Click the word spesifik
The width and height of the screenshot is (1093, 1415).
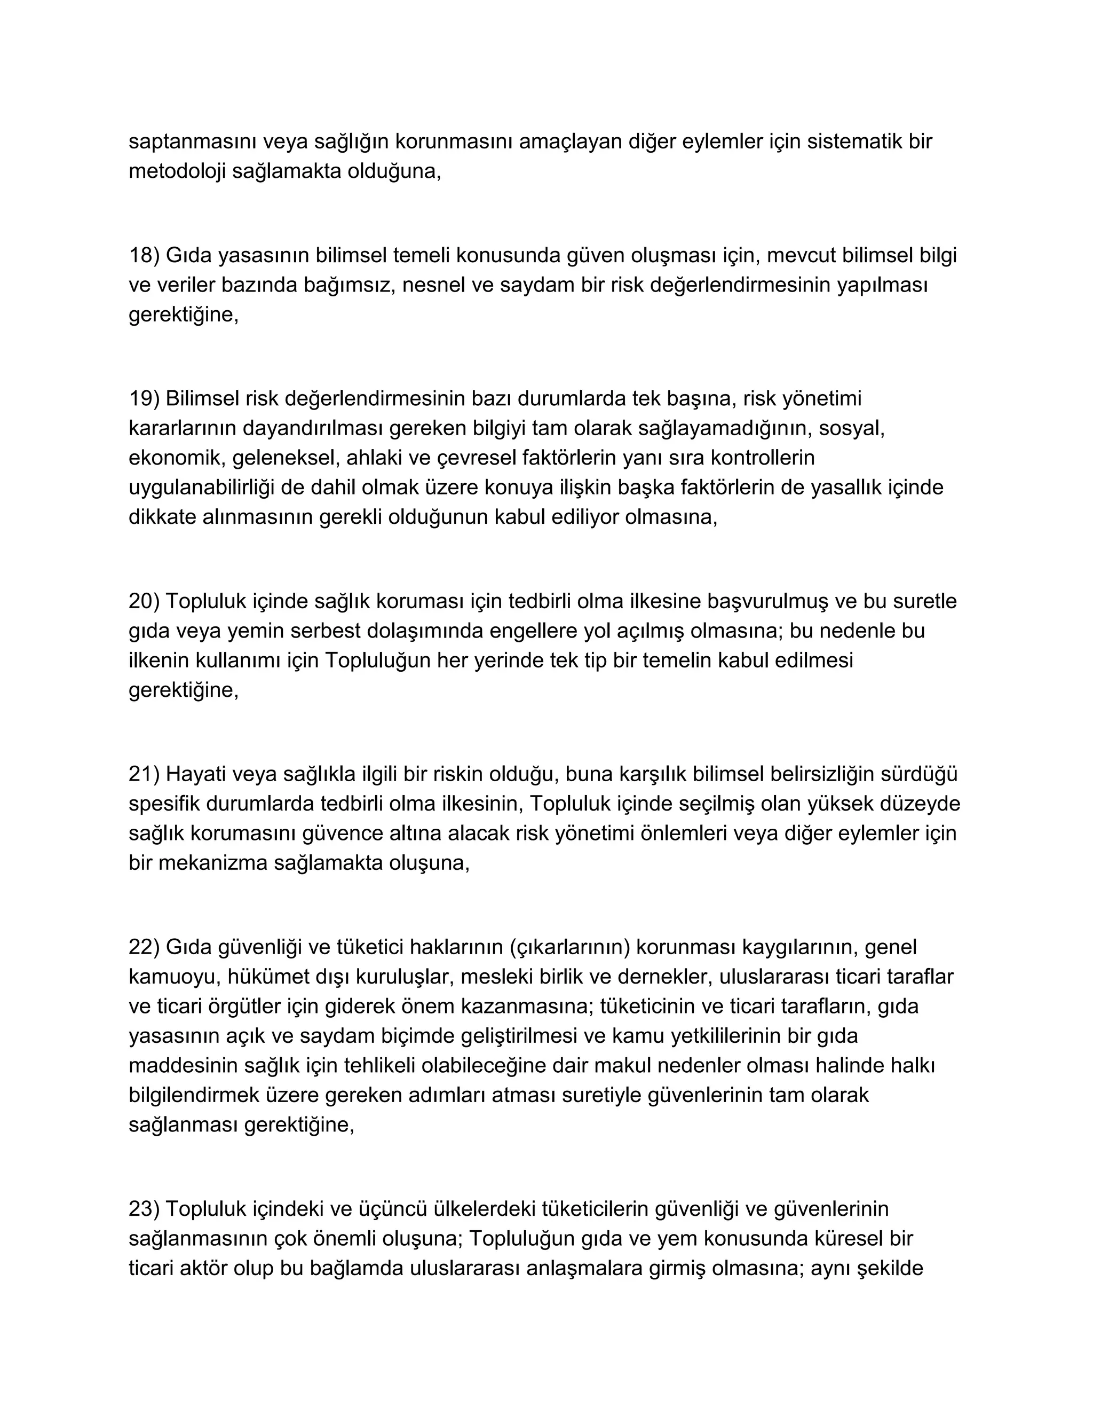click(164, 804)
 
